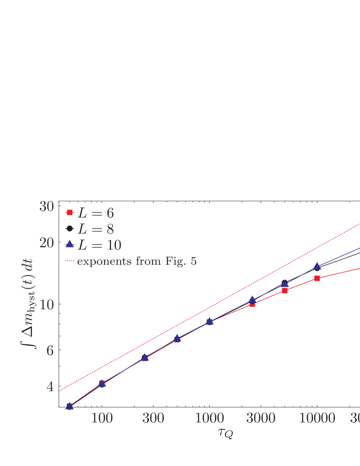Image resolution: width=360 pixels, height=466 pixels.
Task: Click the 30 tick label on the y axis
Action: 46,207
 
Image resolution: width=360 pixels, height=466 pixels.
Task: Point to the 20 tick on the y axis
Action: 46,243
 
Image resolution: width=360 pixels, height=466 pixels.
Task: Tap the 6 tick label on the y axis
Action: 50,350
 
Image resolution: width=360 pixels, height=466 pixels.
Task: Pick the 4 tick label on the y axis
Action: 50,387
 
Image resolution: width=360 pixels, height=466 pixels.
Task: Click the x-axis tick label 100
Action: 102,418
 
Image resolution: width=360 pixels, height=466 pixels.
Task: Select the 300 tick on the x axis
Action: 153,418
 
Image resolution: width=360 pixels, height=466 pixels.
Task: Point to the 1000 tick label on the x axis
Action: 209,418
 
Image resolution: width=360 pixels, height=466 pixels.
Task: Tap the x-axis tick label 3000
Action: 261,418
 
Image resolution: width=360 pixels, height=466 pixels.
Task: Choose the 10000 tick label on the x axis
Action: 317,418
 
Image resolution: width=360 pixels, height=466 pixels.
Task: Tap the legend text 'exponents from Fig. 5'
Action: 137,261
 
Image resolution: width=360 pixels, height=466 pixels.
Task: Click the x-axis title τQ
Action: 225,433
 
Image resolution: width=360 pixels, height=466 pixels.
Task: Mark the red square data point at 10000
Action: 317,278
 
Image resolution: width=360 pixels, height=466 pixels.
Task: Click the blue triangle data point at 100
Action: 102,383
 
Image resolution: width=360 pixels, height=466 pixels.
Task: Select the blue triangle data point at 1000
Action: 209,321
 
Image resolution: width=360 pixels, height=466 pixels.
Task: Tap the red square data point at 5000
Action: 285,290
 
